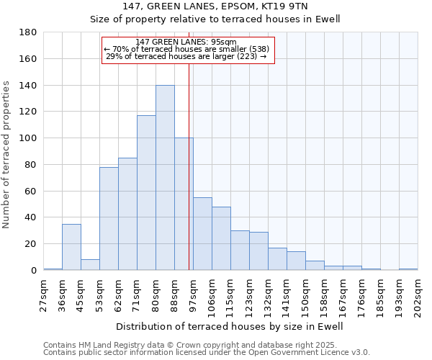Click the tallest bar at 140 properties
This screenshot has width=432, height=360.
pyautogui.click(x=165, y=178)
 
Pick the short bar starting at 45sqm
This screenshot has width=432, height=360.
pyautogui.click(x=90, y=265)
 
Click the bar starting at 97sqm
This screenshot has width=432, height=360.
pyautogui.click(x=202, y=234)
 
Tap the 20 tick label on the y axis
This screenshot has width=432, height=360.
pyautogui.click(x=31, y=244)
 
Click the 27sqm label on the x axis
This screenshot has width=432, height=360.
pyautogui.click(x=43, y=294)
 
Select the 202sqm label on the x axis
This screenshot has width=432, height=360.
pyautogui.click(x=418, y=294)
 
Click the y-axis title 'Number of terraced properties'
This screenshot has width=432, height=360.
pyautogui.click(x=7, y=155)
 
